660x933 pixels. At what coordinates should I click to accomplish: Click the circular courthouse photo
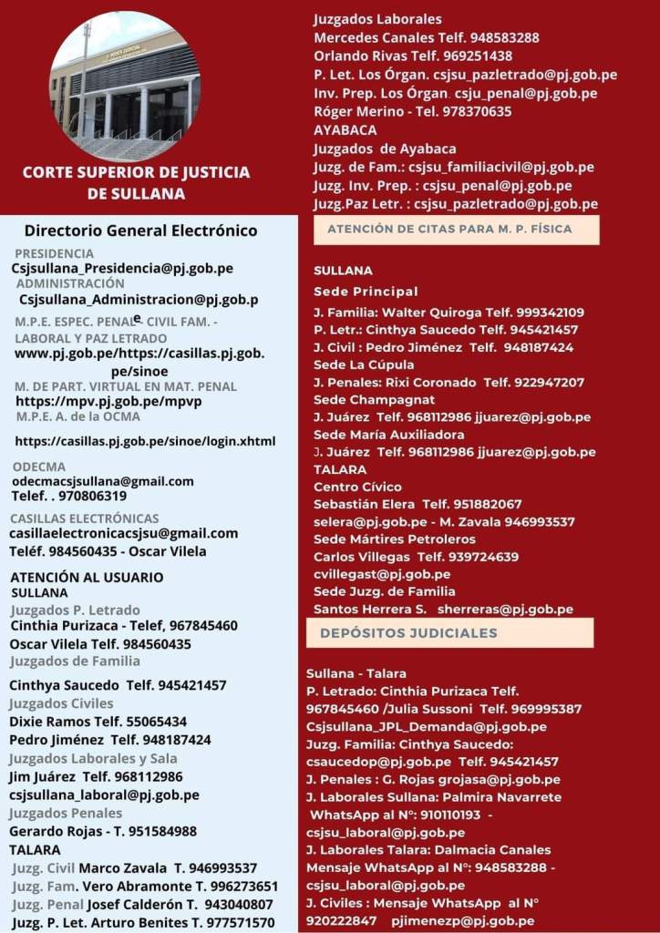tap(125, 86)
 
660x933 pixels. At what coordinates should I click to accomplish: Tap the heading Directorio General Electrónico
tap(140, 231)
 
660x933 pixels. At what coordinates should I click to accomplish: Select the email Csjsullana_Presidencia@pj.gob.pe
tap(122, 268)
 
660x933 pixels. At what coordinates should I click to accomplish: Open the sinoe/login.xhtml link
tap(145, 441)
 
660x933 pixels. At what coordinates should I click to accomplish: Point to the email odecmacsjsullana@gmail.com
tap(102, 481)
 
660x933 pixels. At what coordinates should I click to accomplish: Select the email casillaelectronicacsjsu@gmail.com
tap(123, 533)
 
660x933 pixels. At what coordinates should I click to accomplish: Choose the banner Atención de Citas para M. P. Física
tap(456, 230)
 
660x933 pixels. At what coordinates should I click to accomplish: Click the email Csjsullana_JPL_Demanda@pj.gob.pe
tap(427, 726)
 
